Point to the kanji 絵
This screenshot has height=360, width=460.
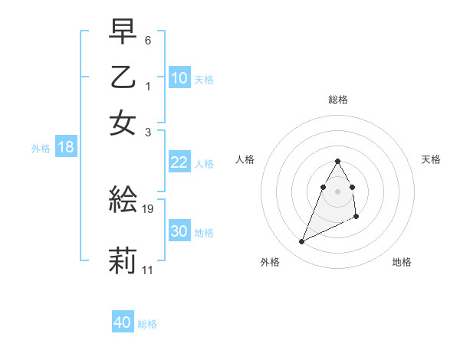coord(123,198)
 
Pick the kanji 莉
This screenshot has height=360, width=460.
coord(123,260)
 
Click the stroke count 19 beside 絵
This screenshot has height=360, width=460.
coord(149,208)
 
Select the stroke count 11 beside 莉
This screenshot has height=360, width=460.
coord(148,270)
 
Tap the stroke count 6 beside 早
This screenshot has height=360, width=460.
coord(148,39)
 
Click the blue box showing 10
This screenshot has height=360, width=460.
coord(179,77)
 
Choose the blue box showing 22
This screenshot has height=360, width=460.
coord(179,162)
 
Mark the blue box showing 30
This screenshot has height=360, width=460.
coord(179,231)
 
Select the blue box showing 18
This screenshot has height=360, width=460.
coord(66,147)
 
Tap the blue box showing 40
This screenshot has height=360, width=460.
coord(123,322)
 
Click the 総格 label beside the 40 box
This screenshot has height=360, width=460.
coord(147,324)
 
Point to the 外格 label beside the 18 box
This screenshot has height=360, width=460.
coord(41,149)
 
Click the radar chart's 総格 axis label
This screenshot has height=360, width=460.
coord(338,100)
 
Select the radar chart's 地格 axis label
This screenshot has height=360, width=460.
coord(402,262)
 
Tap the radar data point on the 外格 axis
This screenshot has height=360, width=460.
coord(302,242)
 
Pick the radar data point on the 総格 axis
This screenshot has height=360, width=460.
coord(338,162)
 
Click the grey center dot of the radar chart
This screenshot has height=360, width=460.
coord(338,191)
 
